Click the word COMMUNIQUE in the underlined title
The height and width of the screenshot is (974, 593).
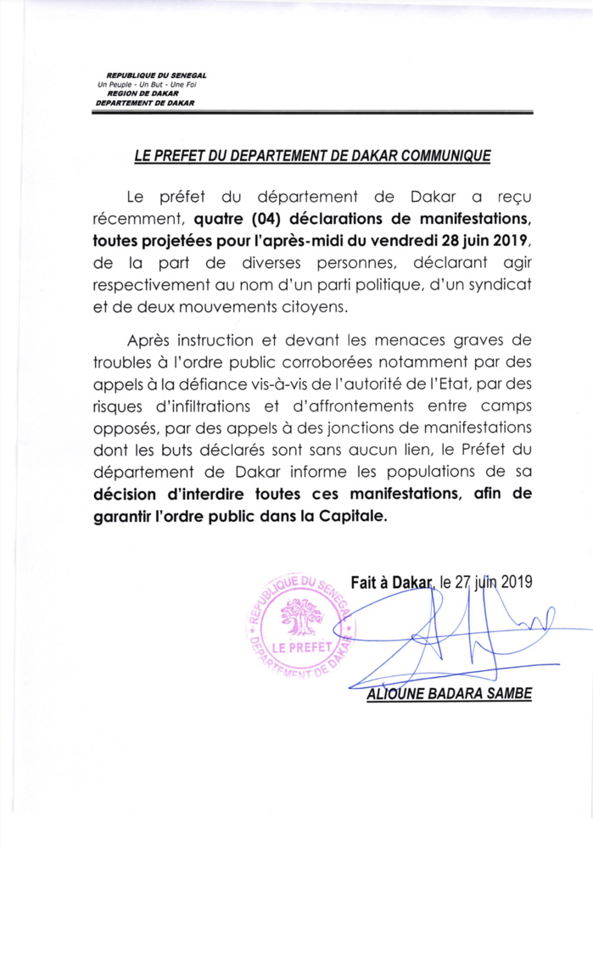coord(438,156)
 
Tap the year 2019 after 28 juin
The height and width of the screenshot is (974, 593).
coord(508,242)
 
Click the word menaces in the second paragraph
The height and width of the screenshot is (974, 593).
coord(416,341)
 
